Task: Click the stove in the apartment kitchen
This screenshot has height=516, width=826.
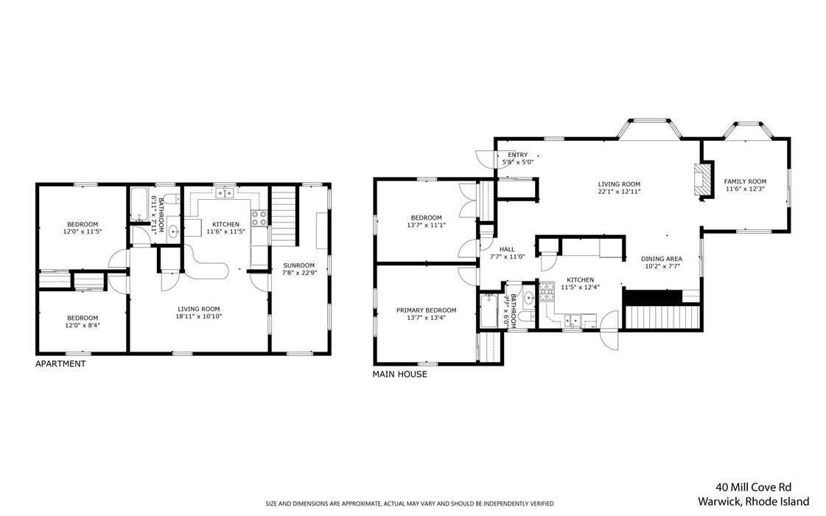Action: (x=259, y=217)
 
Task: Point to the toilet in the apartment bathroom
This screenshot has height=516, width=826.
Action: (x=169, y=199)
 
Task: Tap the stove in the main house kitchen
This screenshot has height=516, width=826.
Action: (x=547, y=293)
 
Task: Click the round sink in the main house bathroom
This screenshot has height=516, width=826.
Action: (x=528, y=299)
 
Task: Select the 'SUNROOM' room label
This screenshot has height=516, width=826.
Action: (x=298, y=265)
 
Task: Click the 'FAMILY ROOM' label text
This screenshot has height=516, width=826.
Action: (x=745, y=181)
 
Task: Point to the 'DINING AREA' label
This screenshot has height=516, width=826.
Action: (x=661, y=259)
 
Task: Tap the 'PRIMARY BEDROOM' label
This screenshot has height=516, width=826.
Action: (x=426, y=310)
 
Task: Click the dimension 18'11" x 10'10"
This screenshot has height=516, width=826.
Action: (x=199, y=316)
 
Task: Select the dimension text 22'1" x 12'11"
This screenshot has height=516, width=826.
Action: (x=618, y=192)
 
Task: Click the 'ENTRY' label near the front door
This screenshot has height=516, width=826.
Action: (x=517, y=155)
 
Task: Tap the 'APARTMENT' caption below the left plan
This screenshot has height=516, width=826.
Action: (x=60, y=363)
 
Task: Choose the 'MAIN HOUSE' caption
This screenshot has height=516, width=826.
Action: (x=399, y=374)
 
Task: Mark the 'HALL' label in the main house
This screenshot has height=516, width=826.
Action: (x=507, y=249)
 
